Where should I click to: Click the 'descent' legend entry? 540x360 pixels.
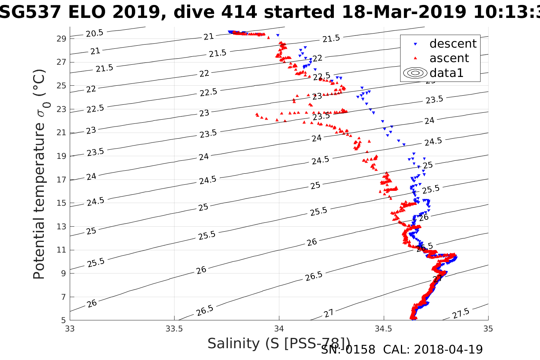click(x=453, y=44)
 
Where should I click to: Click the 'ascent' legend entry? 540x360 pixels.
click(x=449, y=58)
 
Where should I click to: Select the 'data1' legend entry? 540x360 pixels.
click(x=446, y=73)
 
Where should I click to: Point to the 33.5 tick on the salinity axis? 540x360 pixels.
click(x=175, y=329)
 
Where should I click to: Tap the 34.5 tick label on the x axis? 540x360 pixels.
click(x=383, y=329)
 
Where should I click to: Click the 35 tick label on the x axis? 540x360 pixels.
click(x=488, y=329)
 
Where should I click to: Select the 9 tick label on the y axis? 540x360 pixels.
click(x=64, y=273)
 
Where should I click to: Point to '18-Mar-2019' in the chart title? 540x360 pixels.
click(x=404, y=12)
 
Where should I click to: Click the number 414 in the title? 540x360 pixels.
click(x=240, y=12)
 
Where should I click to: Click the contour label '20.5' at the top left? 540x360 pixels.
click(x=94, y=34)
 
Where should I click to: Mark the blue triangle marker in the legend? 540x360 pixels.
click(x=415, y=44)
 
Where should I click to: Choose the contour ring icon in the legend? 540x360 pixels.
click(x=415, y=73)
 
